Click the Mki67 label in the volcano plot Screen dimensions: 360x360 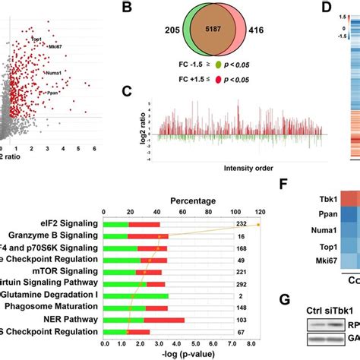coord(55,47)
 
